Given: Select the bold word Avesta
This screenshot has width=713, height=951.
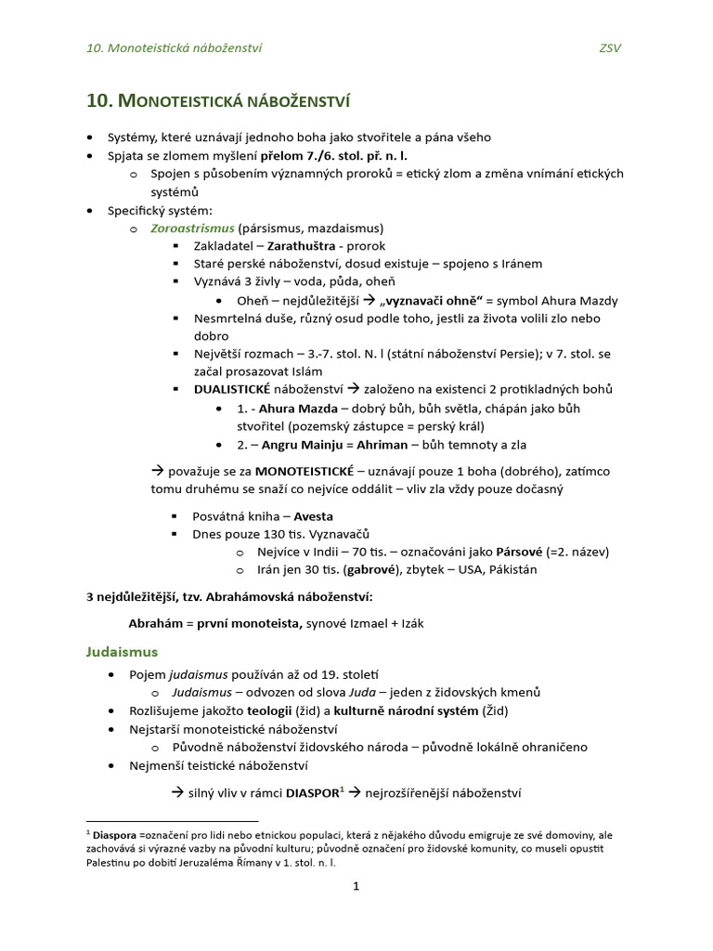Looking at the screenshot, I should [x=313, y=515].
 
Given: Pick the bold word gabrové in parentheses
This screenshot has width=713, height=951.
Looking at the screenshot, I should [x=377, y=569].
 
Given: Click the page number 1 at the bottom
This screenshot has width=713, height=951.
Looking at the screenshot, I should [x=355, y=886].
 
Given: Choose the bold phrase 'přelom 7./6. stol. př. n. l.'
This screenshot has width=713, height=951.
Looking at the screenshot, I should [x=333, y=155].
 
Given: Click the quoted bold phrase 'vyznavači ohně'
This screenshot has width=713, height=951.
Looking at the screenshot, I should [x=430, y=300].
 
